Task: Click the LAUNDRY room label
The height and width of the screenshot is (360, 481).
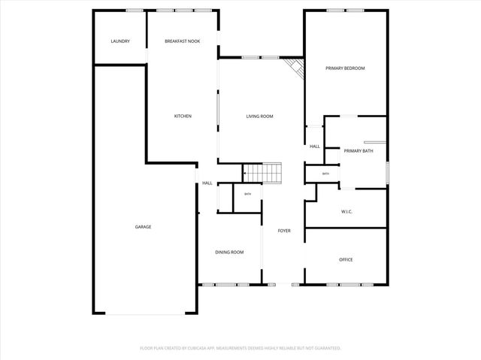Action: [x=120, y=41]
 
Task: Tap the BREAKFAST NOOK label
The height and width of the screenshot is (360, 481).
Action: [x=183, y=41]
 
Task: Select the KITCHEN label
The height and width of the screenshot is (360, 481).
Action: [x=183, y=116]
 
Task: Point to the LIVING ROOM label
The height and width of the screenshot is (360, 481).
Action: [x=260, y=116]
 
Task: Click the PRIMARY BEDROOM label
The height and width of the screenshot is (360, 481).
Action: [x=345, y=68]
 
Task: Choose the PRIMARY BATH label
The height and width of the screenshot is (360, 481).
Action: [x=358, y=151]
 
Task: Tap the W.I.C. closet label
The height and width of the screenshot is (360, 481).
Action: [x=346, y=211]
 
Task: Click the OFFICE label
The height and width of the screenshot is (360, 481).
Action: [x=346, y=259]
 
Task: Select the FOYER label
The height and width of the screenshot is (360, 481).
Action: [x=284, y=231]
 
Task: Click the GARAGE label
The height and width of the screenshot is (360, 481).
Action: [x=143, y=226]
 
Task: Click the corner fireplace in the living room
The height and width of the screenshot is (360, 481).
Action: [x=295, y=68]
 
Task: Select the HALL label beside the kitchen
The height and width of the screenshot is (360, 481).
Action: [x=207, y=183]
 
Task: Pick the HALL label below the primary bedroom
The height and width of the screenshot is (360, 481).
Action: [x=314, y=146]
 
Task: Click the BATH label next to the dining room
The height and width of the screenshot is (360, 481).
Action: [x=247, y=195]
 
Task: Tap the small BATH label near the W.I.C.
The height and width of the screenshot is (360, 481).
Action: [x=325, y=174]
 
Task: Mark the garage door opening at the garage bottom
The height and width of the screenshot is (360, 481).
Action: [x=144, y=314]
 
